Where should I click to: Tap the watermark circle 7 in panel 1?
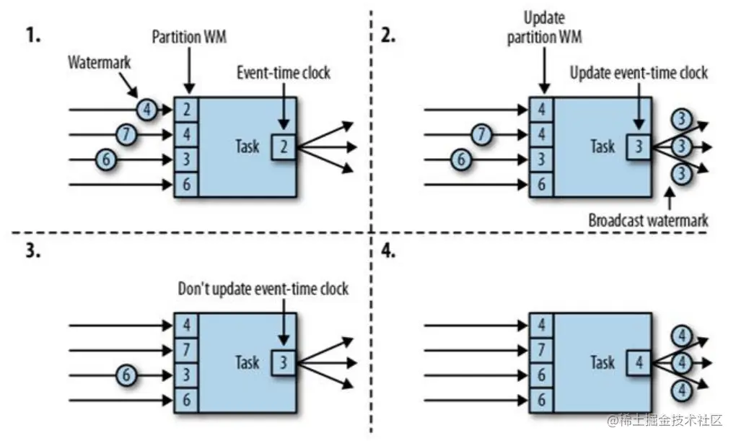[127, 134]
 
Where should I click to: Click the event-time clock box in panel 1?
[284, 147]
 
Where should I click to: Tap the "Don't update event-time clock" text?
[263, 289]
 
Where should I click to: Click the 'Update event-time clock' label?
[639, 72]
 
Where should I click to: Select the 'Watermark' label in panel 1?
[100, 62]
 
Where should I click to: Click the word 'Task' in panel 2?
[602, 146]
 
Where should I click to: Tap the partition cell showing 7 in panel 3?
[186, 349]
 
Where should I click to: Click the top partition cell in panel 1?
[186, 110]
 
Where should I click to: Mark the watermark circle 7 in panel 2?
[483, 134]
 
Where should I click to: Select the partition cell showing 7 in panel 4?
[541, 349]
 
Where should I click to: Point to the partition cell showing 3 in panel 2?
[541, 159]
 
